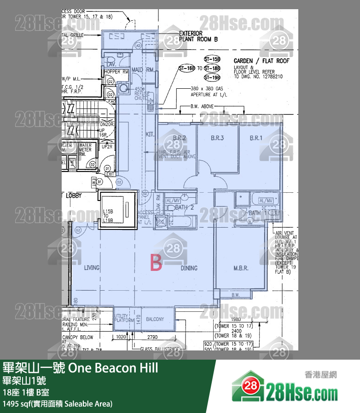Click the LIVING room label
tap(92, 268)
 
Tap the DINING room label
tap(189, 268)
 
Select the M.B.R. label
tap(241, 268)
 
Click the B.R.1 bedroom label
tap(256, 138)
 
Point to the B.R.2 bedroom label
tap(179, 138)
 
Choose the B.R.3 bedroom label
tap(217, 138)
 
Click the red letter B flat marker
tap(157, 264)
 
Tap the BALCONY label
tap(155, 319)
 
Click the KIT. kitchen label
tap(149, 135)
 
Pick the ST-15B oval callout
tap(213, 60)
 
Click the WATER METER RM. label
tap(85, 149)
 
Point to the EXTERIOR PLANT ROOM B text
tap(198, 36)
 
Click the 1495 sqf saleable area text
tap(58, 404)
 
